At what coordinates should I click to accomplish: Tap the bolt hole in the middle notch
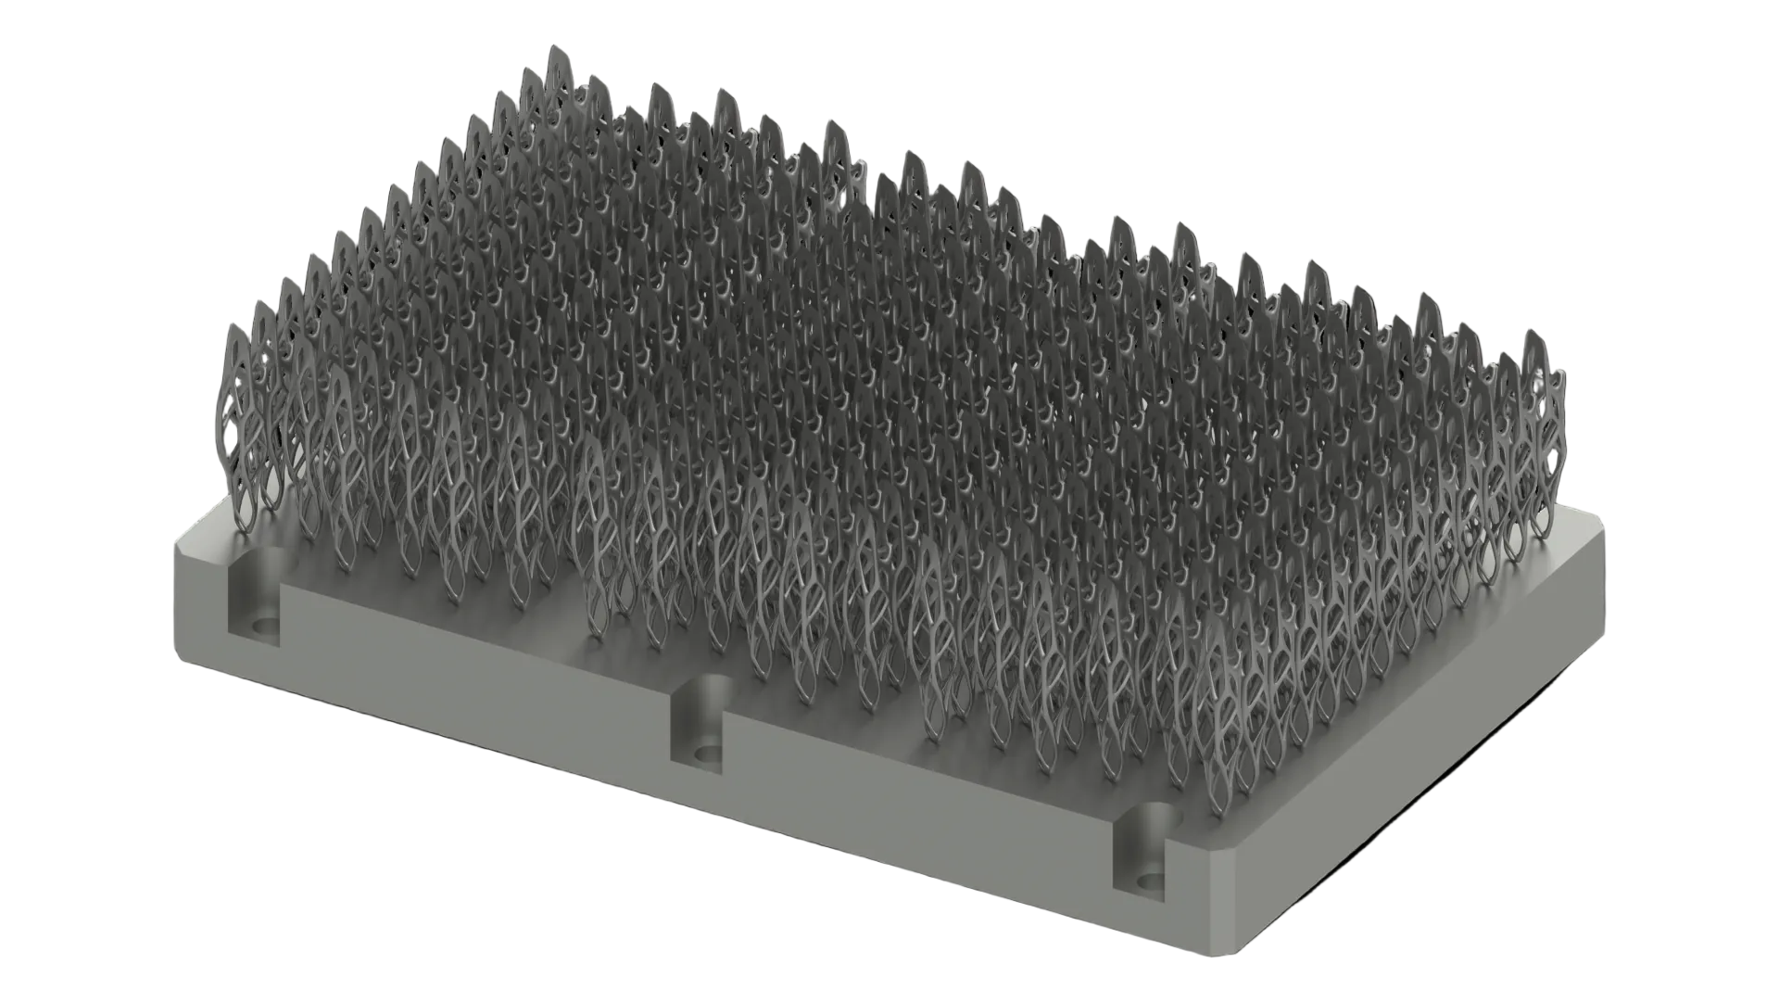(x=708, y=753)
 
